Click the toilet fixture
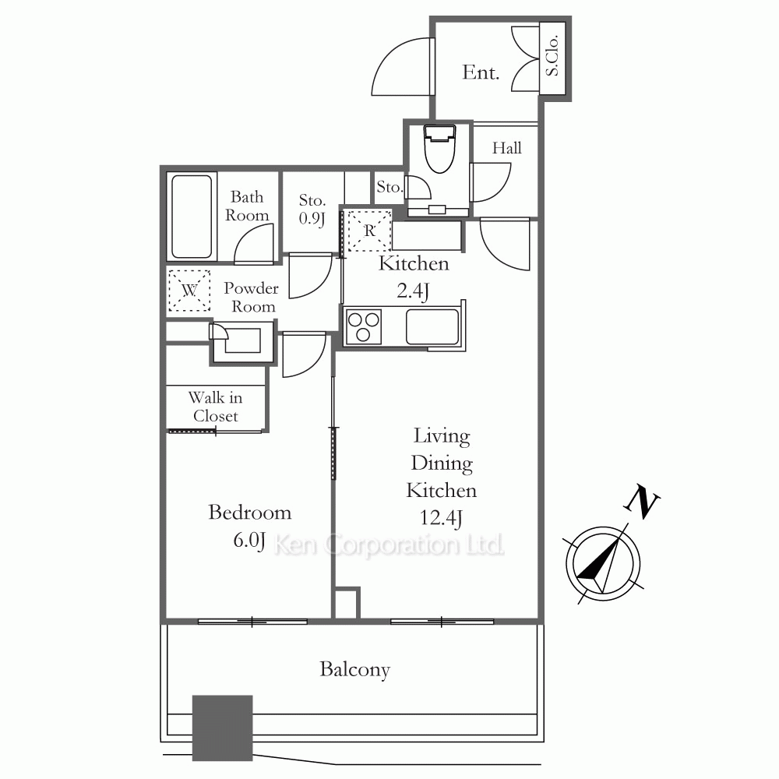pos(439,148)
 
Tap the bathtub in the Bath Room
pos(192,217)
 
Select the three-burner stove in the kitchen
pos(363,326)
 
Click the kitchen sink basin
pos(432,326)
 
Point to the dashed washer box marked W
pos(189,291)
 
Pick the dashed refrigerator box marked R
pos(368,231)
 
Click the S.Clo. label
pos(552,55)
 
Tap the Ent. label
pos(481,72)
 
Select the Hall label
pos(507,147)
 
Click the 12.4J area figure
pos(441,518)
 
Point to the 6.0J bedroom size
pos(249,540)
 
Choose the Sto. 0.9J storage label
pos(312,209)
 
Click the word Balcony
pos(354,669)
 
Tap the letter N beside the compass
pos(641,502)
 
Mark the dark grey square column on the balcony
pos(223,728)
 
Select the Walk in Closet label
pos(216,407)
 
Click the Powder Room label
pos(251,297)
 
